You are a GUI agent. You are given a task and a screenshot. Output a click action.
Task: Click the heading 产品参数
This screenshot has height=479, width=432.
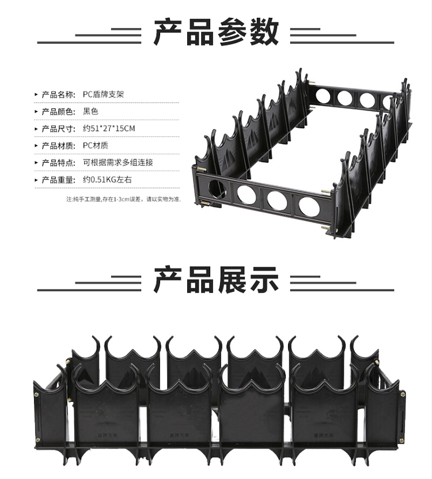[x=216, y=32]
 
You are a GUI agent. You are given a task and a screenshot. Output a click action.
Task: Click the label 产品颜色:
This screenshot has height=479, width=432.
[x=58, y=111]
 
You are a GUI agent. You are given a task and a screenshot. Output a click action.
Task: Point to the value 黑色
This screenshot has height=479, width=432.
[x=91, y=111]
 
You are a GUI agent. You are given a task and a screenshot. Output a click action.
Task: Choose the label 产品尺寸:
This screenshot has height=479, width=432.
[x=58, y=128]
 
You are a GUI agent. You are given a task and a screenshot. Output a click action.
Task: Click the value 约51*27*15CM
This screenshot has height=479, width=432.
[x=109, y=128]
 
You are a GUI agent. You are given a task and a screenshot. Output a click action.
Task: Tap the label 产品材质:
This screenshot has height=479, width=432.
[x=58, y=146]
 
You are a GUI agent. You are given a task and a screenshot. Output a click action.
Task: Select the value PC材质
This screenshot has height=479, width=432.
[x=95, y=146]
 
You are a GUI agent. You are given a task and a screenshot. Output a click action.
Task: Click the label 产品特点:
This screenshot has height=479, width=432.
[x=58, y=163]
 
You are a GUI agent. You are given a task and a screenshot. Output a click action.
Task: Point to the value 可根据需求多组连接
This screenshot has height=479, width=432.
[x=118, y=163]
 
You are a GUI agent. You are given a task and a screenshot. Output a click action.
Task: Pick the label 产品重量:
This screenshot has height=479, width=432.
[x=58, y=180]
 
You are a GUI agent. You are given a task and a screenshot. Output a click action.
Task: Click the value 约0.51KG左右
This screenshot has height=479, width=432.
[x=108, y=180]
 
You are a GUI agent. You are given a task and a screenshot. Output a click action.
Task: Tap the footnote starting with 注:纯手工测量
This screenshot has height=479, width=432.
[x=123, y=199]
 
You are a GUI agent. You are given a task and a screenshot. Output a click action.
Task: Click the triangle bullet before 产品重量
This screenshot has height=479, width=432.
[x=37, y=180]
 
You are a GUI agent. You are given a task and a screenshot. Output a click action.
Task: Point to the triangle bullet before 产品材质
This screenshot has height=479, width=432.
[x=37, y=146]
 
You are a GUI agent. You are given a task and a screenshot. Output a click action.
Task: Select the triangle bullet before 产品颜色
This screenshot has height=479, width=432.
[x=37, y=111]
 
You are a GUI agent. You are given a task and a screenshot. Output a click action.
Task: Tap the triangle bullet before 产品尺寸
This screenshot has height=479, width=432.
[x=37, y=128]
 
